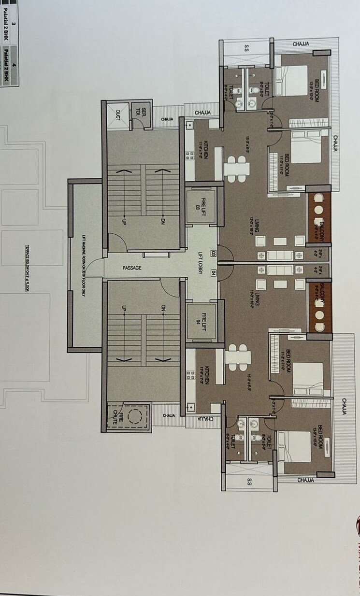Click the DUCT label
[x=118, y=115]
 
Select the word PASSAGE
[x=132, y=268]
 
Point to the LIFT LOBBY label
[x=200, y=264]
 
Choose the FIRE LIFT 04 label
[x=203, y=320]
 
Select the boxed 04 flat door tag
[x=213, y=273]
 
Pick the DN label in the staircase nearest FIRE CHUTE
[x=163, y=309]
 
